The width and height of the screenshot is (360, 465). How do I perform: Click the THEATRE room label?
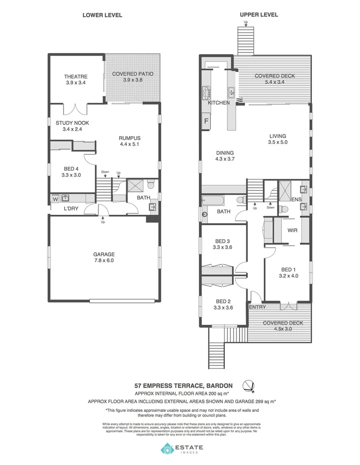76,77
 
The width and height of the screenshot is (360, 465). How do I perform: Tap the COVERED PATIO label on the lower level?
133,74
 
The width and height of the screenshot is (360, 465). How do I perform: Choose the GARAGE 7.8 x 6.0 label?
104,254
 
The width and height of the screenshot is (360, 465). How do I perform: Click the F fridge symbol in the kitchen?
206,121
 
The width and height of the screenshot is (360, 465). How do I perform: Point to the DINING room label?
225,153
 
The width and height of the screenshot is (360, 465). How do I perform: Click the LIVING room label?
277,136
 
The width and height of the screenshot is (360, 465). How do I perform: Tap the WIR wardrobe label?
293,231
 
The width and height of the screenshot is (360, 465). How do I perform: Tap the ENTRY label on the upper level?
257,307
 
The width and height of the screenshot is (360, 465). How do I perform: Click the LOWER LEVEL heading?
102,15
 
